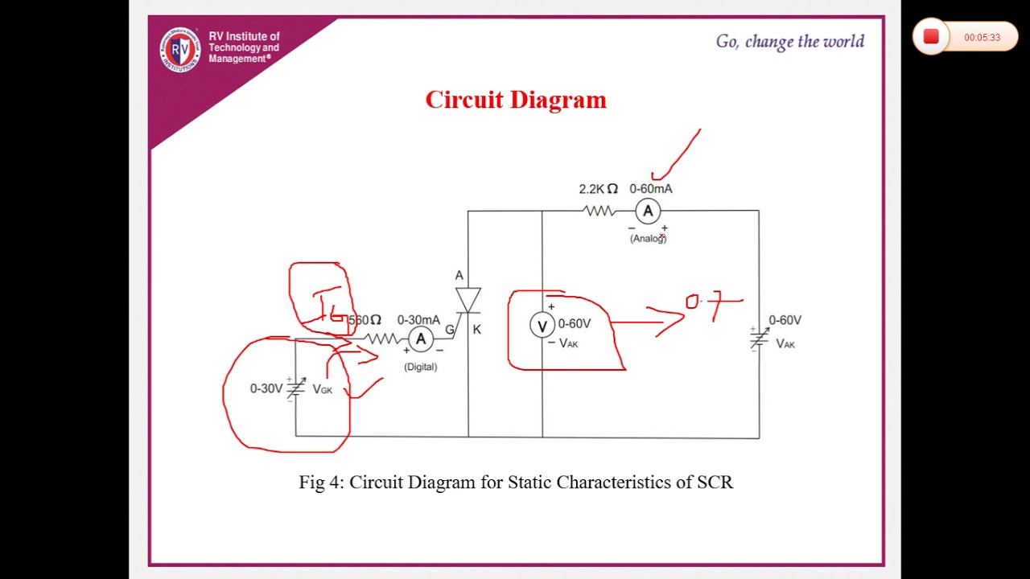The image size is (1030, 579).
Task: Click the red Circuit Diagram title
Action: point(516,100)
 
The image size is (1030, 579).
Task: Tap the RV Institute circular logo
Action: point(179,49)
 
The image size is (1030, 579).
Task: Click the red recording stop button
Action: point(931,37)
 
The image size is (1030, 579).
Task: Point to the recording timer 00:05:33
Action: point(982,38)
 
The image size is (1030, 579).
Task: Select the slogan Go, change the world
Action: point(789,42)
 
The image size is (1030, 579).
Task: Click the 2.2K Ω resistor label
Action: point(598,189)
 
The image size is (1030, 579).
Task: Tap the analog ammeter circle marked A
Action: point(648,211)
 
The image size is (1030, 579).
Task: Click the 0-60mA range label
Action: point(650,189)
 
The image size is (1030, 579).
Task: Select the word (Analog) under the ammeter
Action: point(648,239)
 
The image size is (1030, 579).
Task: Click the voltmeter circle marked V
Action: point(542,326)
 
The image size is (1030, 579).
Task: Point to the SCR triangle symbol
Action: point(468,300)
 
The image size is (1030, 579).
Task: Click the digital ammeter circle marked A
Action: point(420,339)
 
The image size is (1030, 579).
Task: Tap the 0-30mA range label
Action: point(418,320)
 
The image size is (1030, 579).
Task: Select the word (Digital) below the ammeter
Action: point(420,367)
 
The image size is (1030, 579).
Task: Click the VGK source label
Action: point(322,389)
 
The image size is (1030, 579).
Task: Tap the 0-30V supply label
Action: point(266,388)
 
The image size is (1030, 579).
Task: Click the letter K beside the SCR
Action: point(477,330)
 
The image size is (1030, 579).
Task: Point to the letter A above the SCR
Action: point(459,276)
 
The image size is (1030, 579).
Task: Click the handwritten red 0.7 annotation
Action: point(711,304)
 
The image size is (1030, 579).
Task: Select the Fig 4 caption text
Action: point(516,482)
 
